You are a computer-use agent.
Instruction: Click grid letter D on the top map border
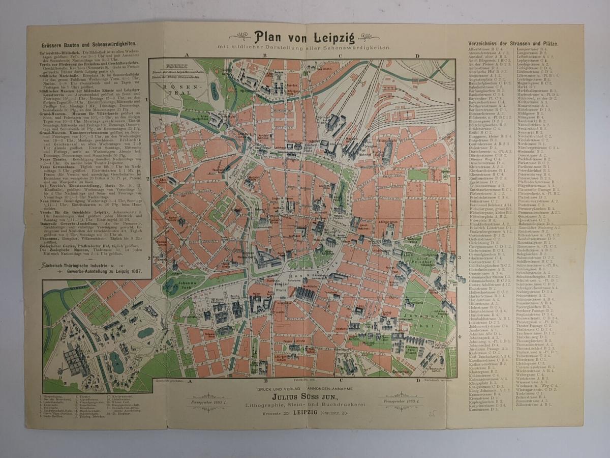click(x=417, y=56)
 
